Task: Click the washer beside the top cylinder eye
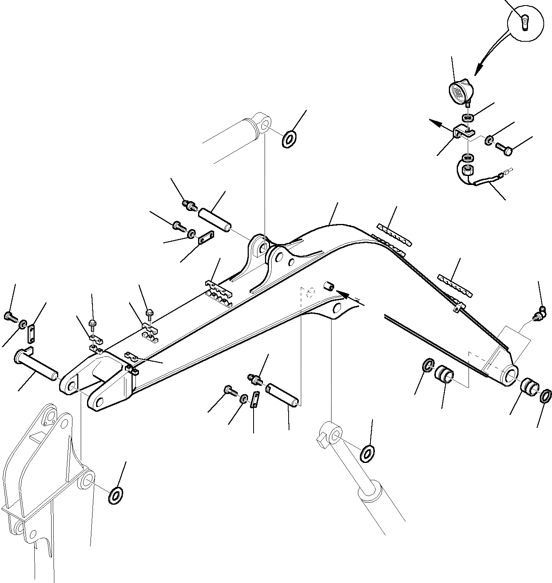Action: tap(290, 139)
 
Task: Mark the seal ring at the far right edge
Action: tap(544, 396)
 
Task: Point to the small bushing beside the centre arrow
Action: tap(329, 286)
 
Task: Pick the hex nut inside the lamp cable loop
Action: tap(468, 172)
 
